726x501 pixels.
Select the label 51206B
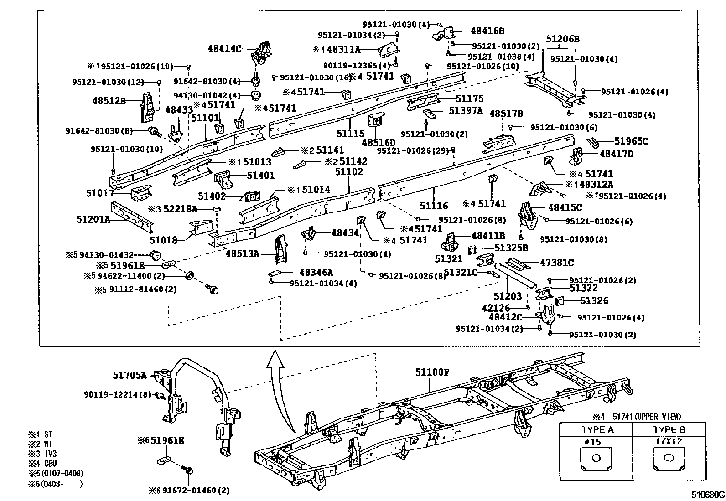pos(562,39)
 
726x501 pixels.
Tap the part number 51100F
pos(432,372)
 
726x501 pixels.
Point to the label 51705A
pos(130,375)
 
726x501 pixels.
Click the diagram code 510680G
pos(707,495)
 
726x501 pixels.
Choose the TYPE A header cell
pos(597,430)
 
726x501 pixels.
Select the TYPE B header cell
pos(669,430)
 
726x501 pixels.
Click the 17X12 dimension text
pos(669,441)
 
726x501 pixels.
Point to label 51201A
pos(93,219)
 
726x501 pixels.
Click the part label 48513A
pos(242,253)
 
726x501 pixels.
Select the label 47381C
pos(556,263)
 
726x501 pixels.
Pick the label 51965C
pos(631,141)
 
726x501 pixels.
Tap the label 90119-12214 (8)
pos(117,394)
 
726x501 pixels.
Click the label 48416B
pos(487,31)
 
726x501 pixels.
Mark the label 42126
pos(496,308)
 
